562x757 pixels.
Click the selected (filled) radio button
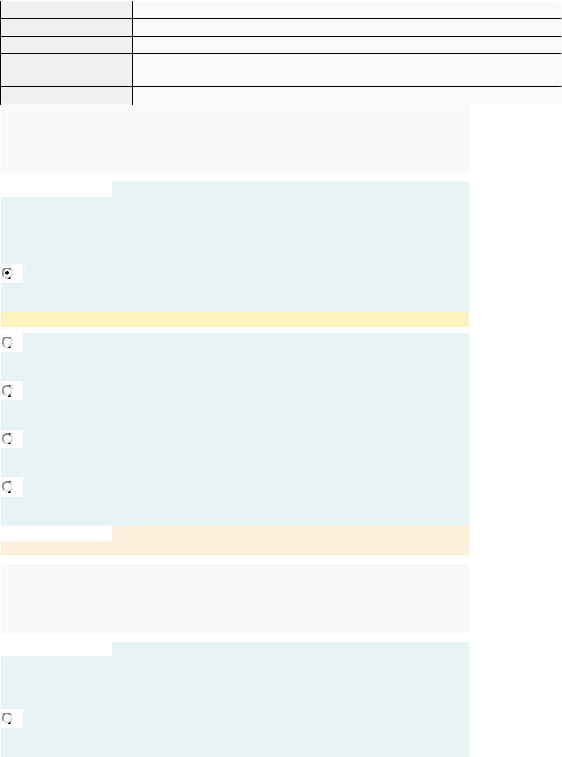tap(7, 273)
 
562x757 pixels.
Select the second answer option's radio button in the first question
tap(7, 343)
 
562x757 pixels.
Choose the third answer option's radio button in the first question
tap(7, 391)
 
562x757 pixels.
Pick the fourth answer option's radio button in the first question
tap(7, 439)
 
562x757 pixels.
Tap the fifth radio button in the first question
tap(7, 487)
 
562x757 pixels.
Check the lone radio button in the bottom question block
tap(7, 718)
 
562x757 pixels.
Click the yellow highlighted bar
tap(234, 319)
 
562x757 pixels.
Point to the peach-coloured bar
tap(290, 533)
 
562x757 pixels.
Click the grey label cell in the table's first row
tap(66, 9)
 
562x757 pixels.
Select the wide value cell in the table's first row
tap(347, 9)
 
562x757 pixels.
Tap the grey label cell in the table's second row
tap(66, 27)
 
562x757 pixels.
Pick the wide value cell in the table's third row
tap(347, 45)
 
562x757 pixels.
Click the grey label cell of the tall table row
tap(66, 70)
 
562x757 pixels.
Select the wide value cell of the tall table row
tap(347, 70)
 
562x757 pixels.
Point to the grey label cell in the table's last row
tap(66, 95)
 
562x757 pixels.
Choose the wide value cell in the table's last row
tap(347, 95)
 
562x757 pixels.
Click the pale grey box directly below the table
tap(234, 139)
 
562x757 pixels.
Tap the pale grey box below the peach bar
tap(234, 598)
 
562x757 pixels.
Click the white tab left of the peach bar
tap(56, 533)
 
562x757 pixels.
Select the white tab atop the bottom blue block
tap(56, 649)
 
